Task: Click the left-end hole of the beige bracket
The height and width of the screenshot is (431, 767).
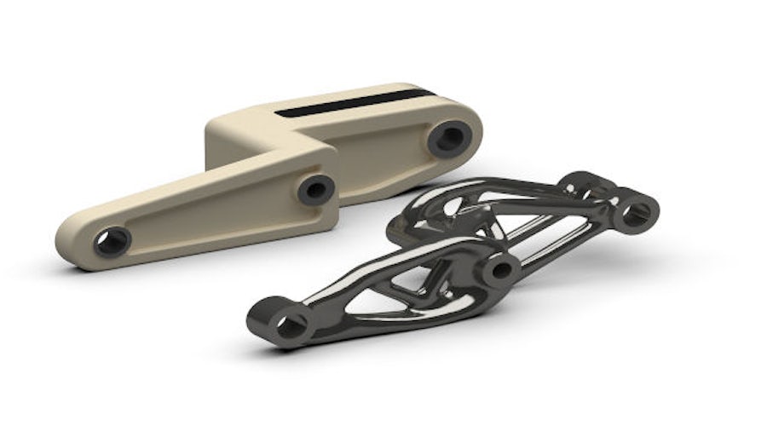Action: [x=112, y=241]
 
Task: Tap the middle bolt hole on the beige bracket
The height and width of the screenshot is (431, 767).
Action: [x=316, y=188]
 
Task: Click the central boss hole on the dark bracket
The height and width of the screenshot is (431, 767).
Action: [x=502, y=271]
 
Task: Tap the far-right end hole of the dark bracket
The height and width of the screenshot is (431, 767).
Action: [x=636, y=211]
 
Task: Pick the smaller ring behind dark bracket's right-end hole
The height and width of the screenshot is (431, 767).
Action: [x=587, y=182]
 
